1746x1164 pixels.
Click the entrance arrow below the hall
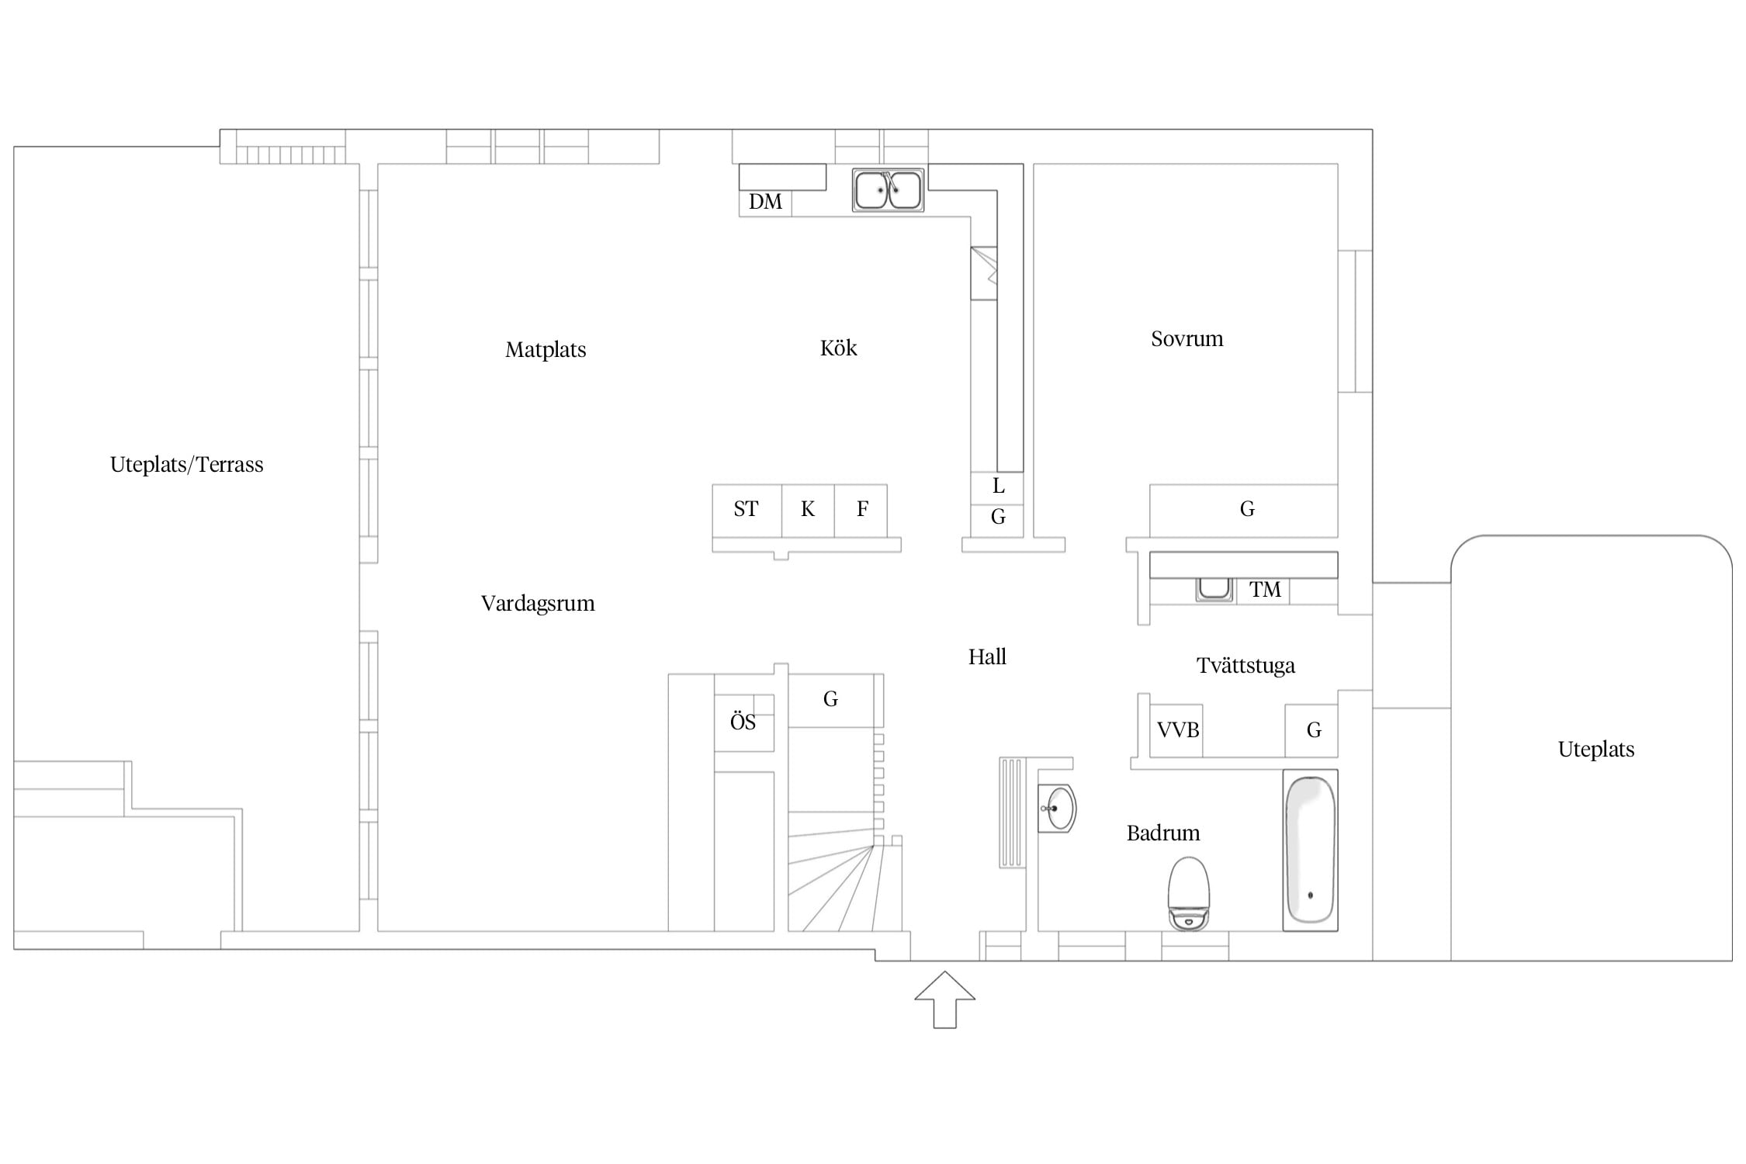(944, 999)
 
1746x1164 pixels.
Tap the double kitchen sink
(889, 189)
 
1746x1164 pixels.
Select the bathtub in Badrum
(1310, 850)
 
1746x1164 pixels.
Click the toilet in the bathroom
(1189, 893)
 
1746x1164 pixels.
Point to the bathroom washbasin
(1057, 809)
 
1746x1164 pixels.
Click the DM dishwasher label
(765, 202)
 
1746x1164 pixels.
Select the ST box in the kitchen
(747, 510)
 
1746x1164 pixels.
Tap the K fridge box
(808, 510)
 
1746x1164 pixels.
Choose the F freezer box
(861, 510)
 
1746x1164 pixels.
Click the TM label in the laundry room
(1265, 590)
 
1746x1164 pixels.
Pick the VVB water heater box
(1176, 730)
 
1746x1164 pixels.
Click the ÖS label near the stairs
(743, 721)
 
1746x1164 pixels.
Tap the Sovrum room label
(1187, 339)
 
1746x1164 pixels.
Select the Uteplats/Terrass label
(187, 465)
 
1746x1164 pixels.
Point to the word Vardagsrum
(538, 604)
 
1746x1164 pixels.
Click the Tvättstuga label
(1245, 666)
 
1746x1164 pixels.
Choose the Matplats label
(546, 350)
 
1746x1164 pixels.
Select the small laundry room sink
(1214, 590)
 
